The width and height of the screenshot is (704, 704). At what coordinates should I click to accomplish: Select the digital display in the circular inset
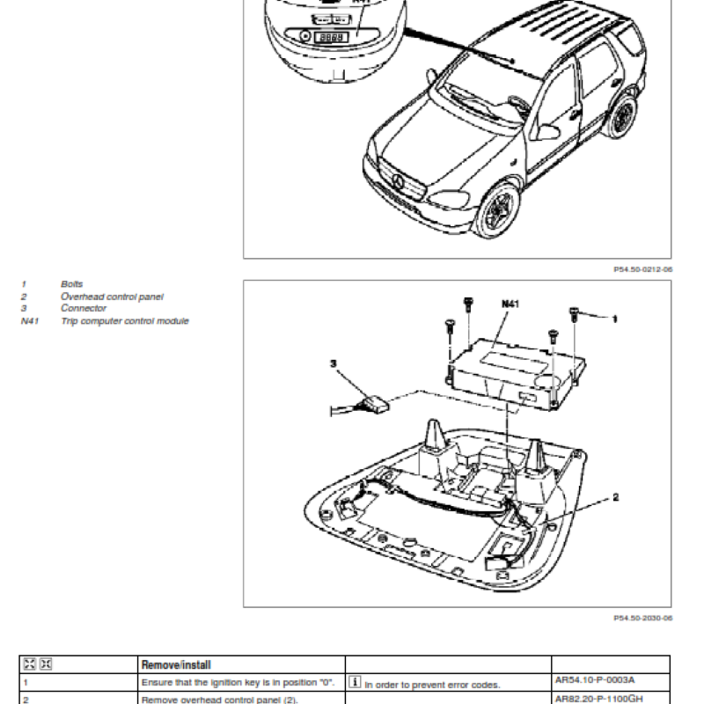tap(331, 37)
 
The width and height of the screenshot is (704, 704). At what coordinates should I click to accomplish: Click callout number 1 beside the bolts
tap(613, 318)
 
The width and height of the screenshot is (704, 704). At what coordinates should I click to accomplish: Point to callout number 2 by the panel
tap(615, 497)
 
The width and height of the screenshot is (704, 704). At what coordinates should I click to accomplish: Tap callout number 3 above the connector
tap(334, 363)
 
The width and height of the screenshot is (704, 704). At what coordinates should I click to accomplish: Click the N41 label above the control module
tap(510, 304)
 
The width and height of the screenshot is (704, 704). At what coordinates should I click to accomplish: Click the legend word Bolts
tap(71, 284)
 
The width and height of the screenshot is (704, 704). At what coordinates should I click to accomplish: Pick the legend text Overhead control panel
tap(112, 297)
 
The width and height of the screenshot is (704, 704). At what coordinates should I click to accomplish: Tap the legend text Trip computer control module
tap(124, 321)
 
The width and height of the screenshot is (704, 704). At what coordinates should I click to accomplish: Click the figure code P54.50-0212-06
tap(642, 271)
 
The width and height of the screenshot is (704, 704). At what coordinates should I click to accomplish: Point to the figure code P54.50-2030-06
tap(642, 619)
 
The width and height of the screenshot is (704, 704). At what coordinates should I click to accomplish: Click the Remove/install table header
tap(176, 665)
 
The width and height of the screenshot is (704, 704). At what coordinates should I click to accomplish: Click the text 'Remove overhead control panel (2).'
tap(220, 700)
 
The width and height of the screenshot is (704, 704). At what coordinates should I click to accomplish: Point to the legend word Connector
tap(84, 309)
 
